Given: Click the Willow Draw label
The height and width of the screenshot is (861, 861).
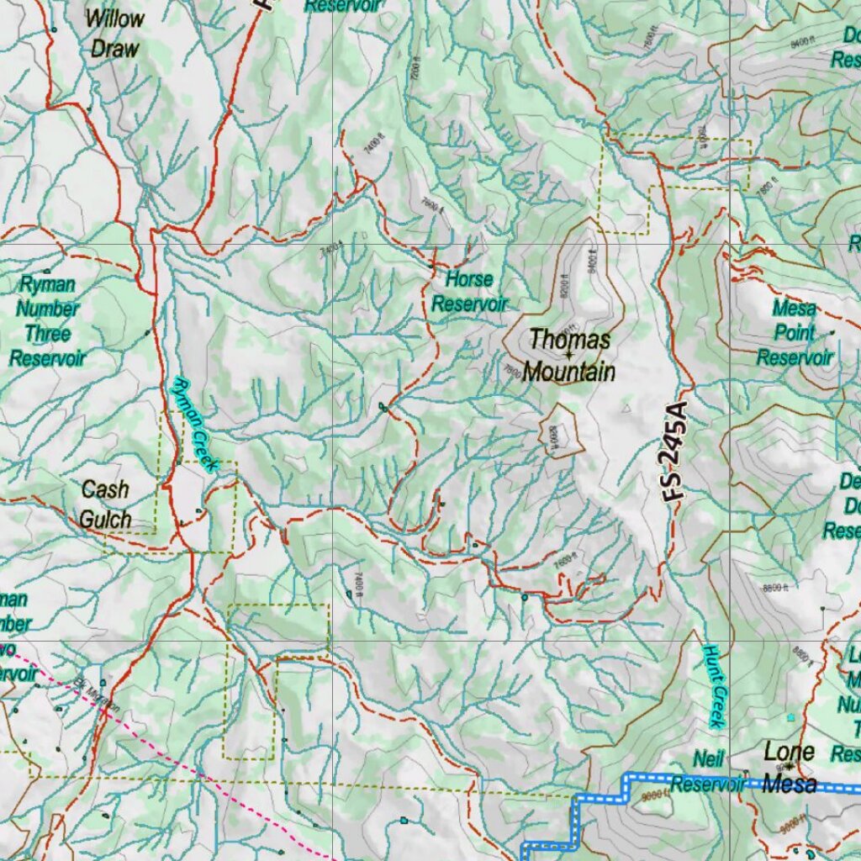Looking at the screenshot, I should click(114, 34).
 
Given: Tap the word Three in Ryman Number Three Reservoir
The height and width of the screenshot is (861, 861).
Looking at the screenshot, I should click(47, 334).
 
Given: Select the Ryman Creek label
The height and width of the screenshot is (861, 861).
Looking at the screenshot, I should click(194, 424).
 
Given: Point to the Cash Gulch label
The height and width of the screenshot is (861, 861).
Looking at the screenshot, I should click(106, 504).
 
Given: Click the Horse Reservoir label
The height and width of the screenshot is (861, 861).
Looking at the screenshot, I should click(470, 291).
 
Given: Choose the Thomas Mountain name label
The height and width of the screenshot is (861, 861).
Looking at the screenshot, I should click(569, 356).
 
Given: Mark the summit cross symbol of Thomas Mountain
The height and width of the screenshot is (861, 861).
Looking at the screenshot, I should click(568, 355).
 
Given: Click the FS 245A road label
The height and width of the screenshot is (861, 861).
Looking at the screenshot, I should click(674, 452).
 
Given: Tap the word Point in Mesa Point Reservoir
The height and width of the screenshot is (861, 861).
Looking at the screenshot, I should click(795, 332).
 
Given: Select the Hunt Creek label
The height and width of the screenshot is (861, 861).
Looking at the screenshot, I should click(714, 686).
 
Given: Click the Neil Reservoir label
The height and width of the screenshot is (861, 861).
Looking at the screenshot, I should click(708, 772).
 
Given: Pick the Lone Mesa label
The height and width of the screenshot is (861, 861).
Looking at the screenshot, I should click(790, 767).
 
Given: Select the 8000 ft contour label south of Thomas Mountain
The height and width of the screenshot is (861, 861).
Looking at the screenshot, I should click(554, 438).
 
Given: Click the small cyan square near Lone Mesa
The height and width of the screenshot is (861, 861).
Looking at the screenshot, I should click(790, 717).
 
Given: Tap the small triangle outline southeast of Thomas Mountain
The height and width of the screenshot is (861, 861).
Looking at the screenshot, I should click(626, 409).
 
